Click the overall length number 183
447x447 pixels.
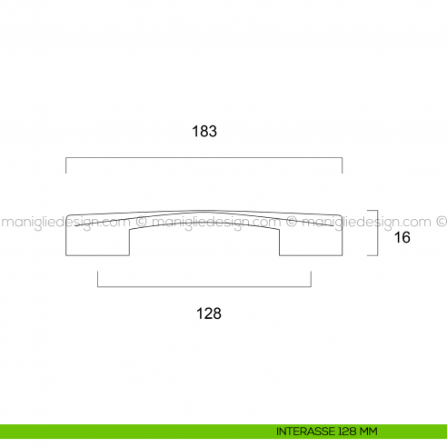[x=204, y=131]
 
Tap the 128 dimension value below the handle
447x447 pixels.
[x=209, y=313]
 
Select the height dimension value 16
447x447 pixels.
[x=403, y=238]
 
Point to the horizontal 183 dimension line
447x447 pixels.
[x=204, y=157]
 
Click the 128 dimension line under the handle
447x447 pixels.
[x=204, y=287]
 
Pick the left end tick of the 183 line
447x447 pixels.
[x=66, y=164]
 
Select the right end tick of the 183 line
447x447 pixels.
[x=342, y=164]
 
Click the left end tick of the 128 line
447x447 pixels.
[x=97, y=280]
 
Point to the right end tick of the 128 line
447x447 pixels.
[x=311, y=280]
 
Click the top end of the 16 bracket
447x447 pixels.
[x=372, y=212]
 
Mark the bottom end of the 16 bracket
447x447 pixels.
[x=372, y=254]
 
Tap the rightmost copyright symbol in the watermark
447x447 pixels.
[x=442, y=221]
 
